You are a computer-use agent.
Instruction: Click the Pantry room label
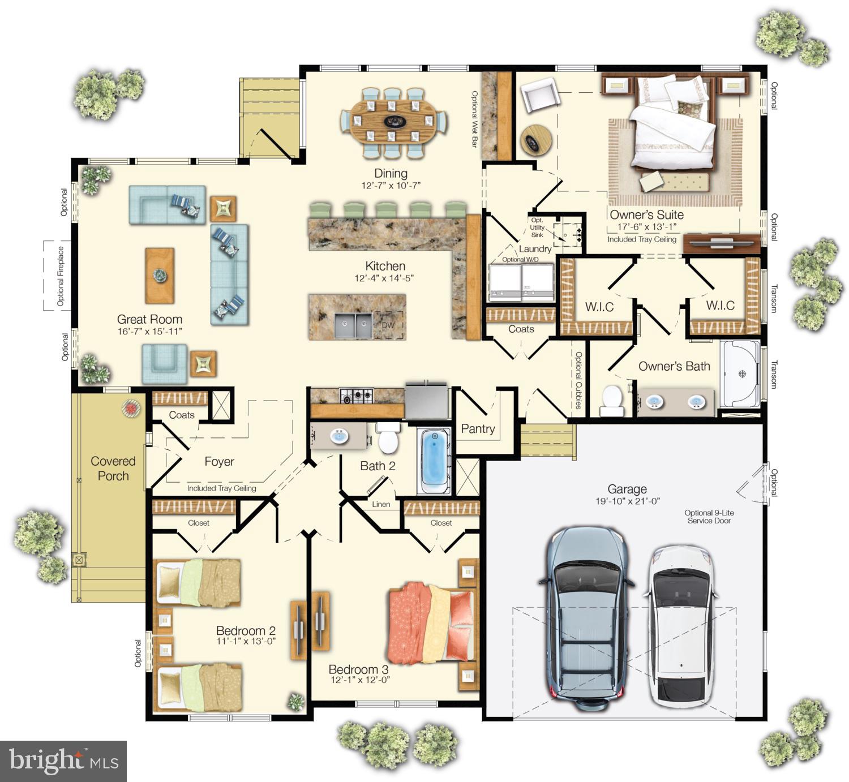click(x=478, y=429)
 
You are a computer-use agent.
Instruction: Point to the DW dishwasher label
click(x=388, y=325)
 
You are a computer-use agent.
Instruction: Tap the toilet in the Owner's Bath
click(x=612, y=400)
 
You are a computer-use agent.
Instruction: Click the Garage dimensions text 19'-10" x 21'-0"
click(x=628, y=501)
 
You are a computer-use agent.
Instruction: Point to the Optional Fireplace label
click(x=60, y=276)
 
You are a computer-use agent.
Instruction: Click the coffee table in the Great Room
click(x=160, y=276)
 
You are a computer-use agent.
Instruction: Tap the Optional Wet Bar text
click(x=474, y=119)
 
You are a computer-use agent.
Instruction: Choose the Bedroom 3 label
click(x=358, y=669)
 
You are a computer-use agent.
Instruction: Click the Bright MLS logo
click(x=63, y=761)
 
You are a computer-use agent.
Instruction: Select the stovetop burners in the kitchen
click(x=357, y=396)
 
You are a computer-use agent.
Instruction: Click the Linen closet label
click(x=381, y=504)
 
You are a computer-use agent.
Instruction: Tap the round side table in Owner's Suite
click(x=536, y=140)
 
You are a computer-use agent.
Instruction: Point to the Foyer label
click(x=219, y=461)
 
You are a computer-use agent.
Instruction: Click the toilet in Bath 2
click(x=388, y=437)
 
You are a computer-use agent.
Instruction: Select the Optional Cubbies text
click(x=578, y=380)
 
